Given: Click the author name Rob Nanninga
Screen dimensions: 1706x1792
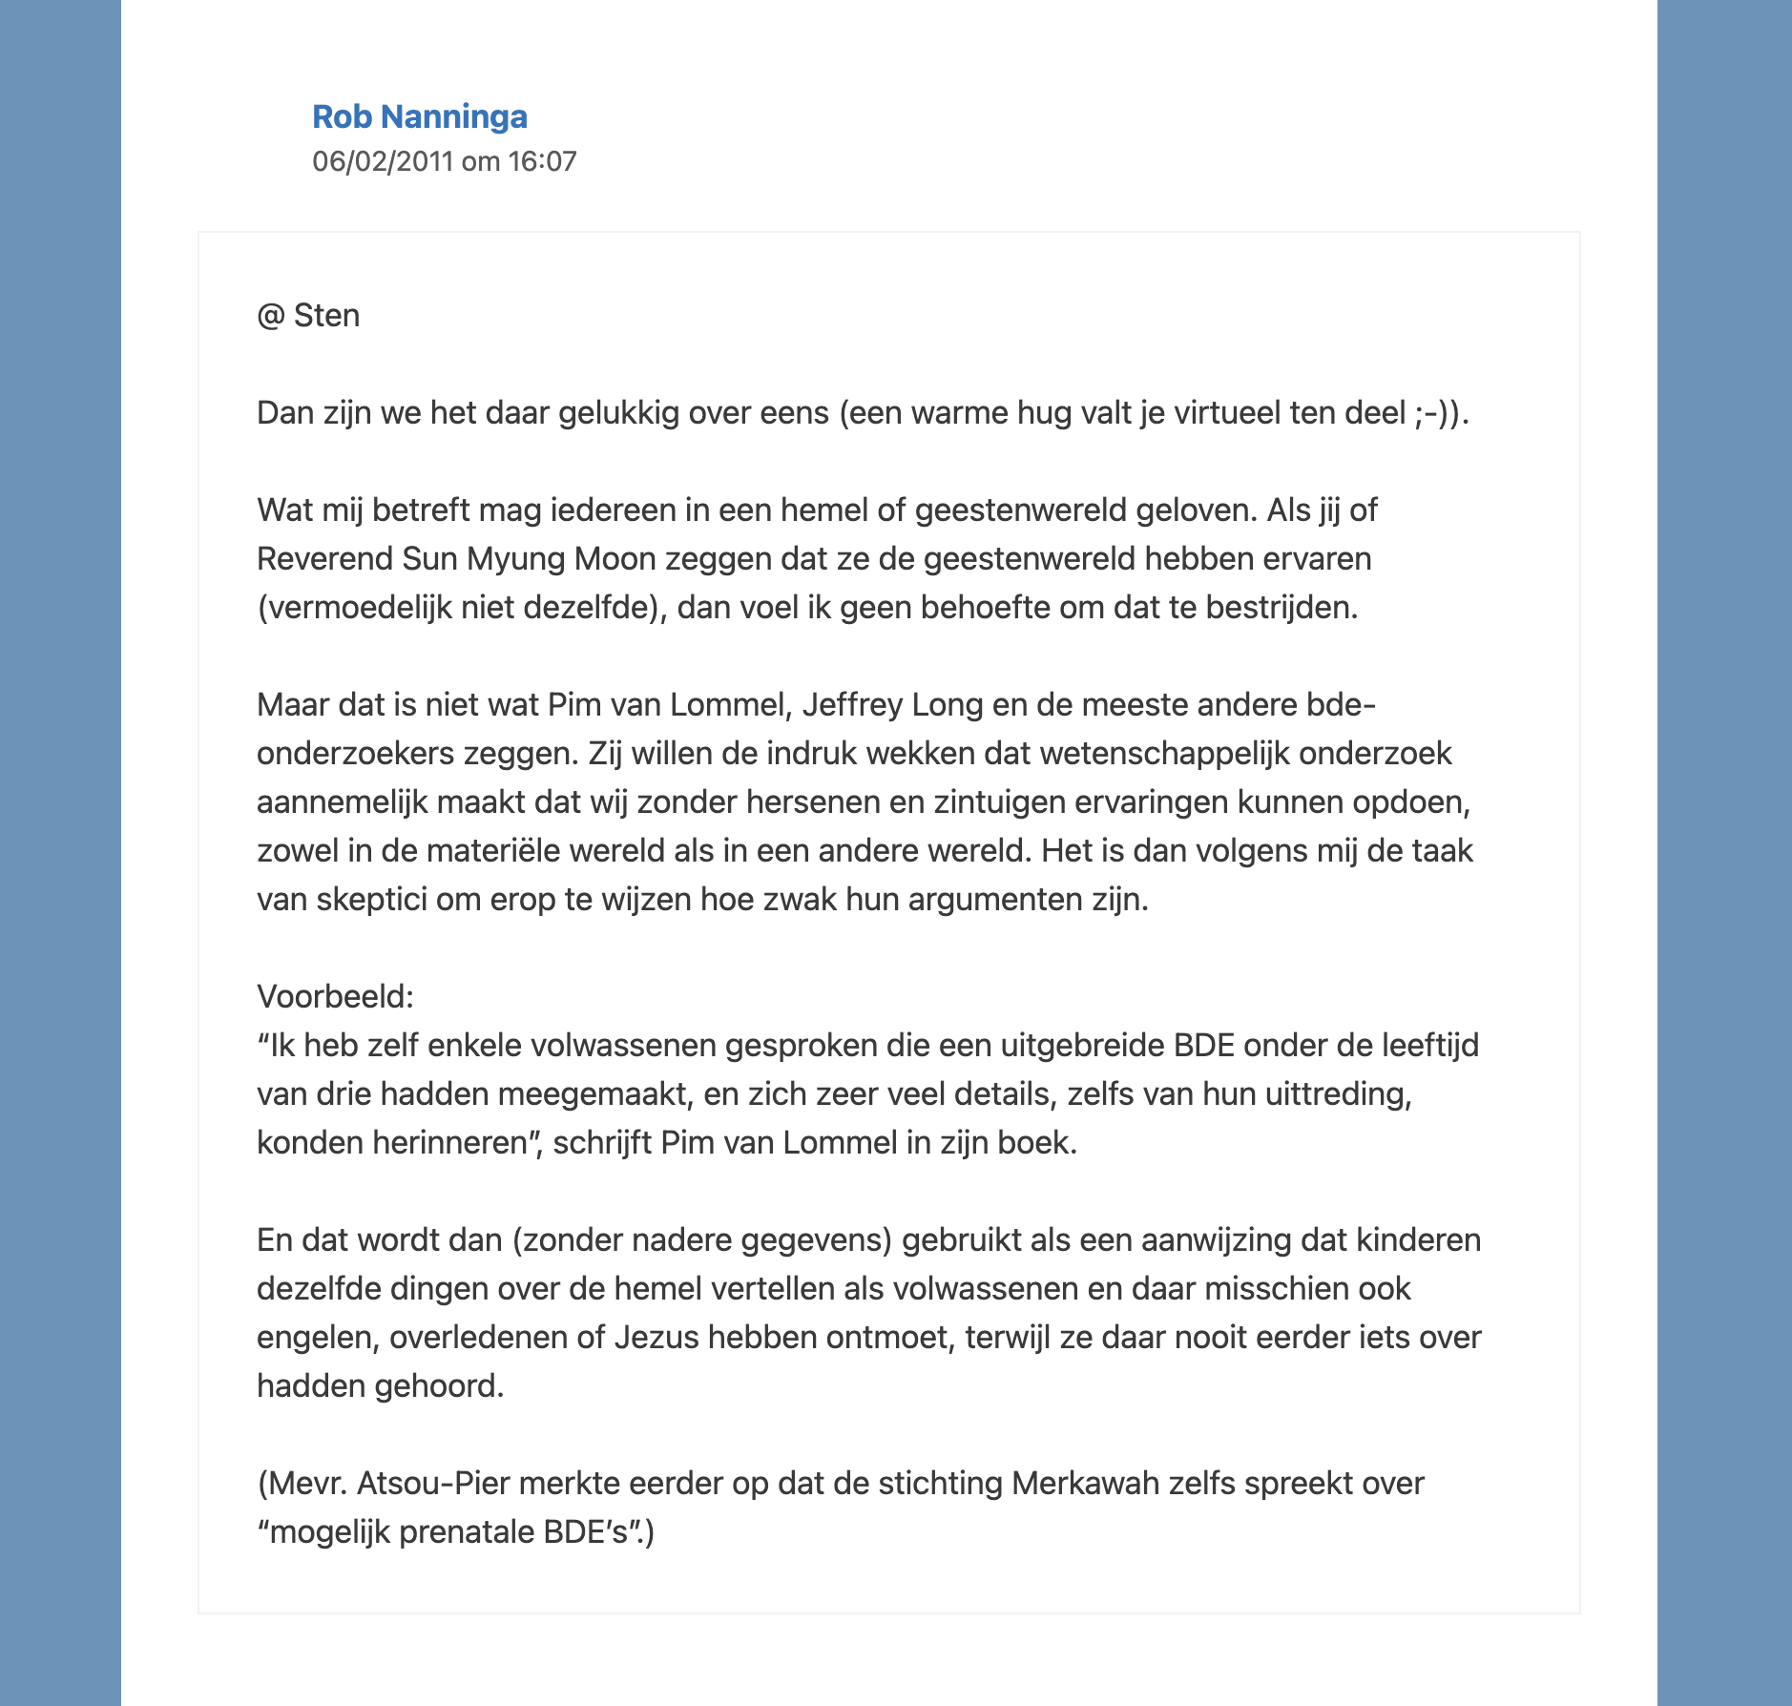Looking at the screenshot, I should [x=420, y=116].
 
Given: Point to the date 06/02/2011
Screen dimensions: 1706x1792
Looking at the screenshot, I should [x=383, y=161].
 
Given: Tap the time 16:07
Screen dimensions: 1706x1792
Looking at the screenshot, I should [x=542, y=161].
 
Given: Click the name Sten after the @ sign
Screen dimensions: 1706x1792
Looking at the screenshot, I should [x=326, y=316].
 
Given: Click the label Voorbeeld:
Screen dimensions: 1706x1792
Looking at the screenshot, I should [x=335, y=997].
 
